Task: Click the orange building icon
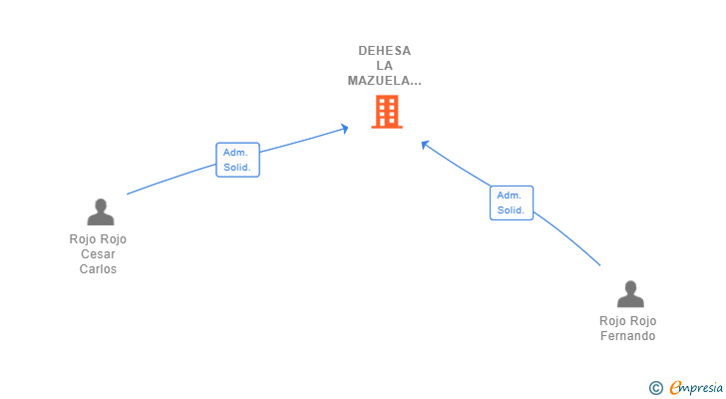tap(387, 112)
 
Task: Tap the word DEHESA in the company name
tap(384, 51)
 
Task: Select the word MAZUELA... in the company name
tap(384, 81)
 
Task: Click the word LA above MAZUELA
tap(384, 66)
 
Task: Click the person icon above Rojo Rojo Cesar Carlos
tap(101, 212)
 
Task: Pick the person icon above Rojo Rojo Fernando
tap(630, 294)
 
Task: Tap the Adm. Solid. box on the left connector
tap(237, 160)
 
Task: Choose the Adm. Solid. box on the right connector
tap(512, 202)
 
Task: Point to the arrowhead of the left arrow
tap(345, 129)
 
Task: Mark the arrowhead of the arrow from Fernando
tap(424, 145)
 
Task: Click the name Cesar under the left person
tap(98, 254)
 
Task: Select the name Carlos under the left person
tap(98, 269)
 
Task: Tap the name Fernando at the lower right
tap(627, 336)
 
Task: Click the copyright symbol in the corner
tap(655, 388)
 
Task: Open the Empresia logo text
tap(696, 387)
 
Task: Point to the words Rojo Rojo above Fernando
tap(627, 321)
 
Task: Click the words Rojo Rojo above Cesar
tap(98, 239)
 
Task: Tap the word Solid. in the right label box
tap(511, 210)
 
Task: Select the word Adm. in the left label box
tap(235, 153)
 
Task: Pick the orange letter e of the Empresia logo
tap(675, 387)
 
